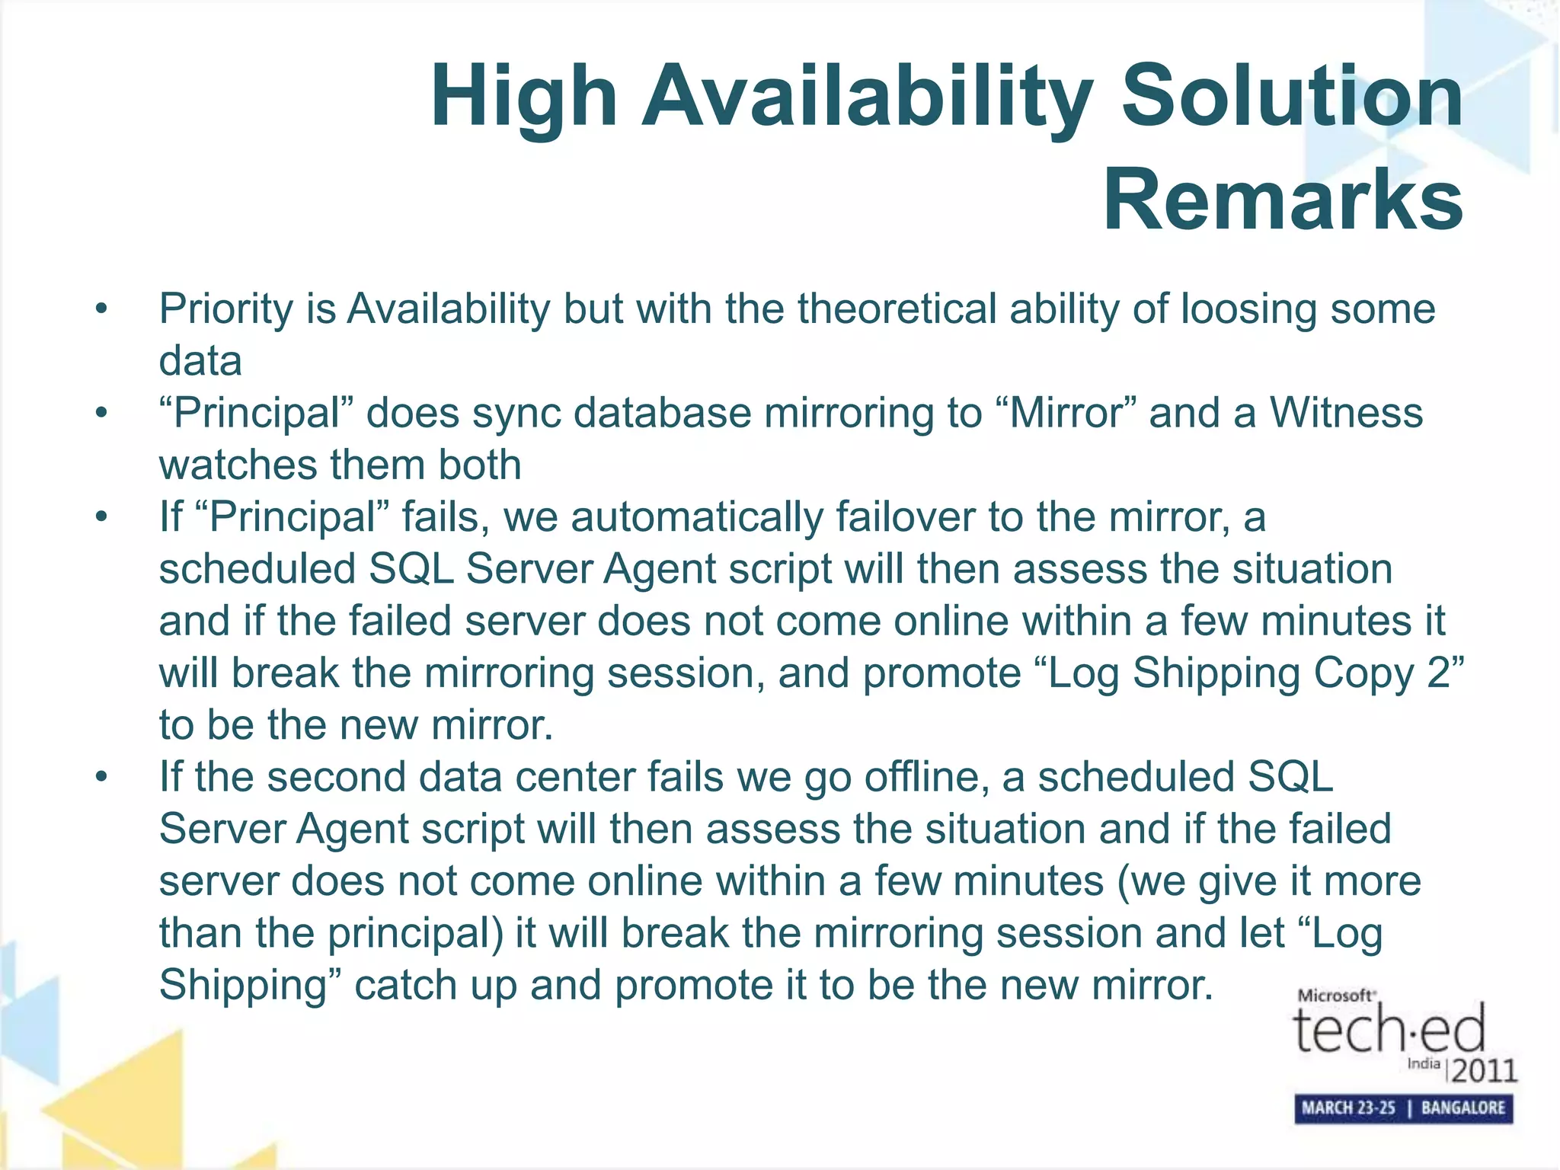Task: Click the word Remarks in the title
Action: (x=1283, y=200)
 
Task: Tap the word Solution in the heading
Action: (x=1292, y=96)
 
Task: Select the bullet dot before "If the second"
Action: (x=101, y=778)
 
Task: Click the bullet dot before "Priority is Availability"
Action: (x=101, y=310)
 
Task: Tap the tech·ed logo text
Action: (x=1389, y=1029)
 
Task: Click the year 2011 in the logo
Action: (x=1484, y=1071)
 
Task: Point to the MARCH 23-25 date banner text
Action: (x=1347, y=1108)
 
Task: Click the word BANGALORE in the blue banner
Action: (x=1462, y=1108)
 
